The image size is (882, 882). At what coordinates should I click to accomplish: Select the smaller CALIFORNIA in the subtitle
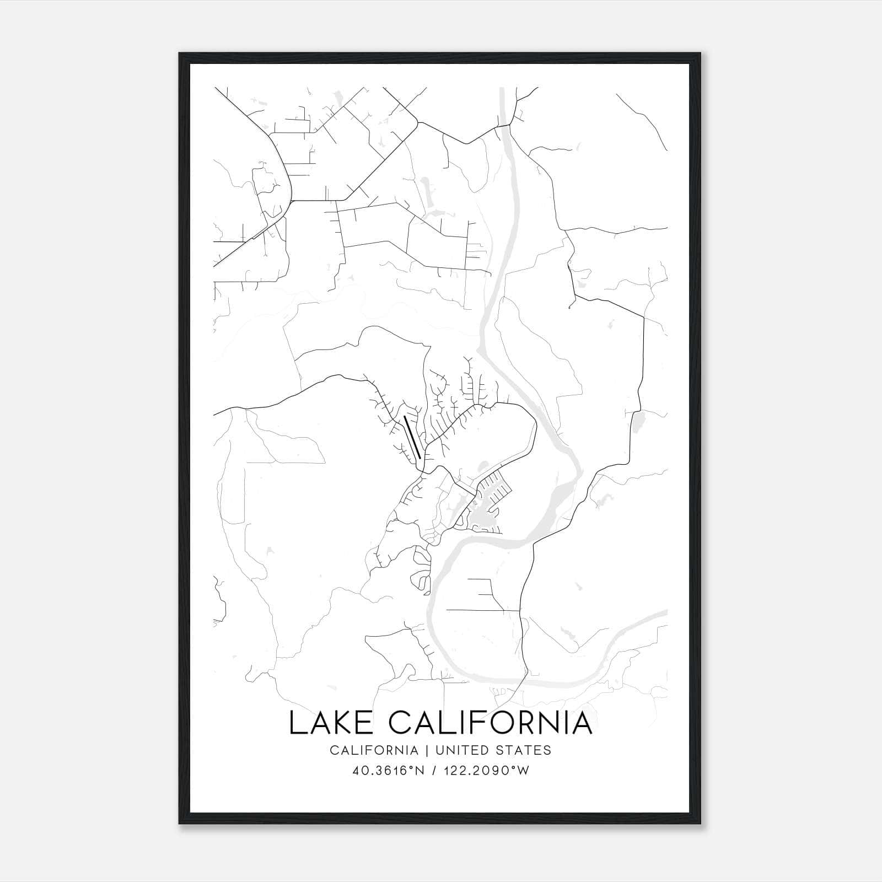(x=374, y=750)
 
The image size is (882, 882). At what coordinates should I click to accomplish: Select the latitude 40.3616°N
(x=388, y=771)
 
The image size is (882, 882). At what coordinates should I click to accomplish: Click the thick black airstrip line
(x=412, y=437)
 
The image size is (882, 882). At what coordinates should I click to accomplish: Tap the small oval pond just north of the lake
(x=483, y=466)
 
